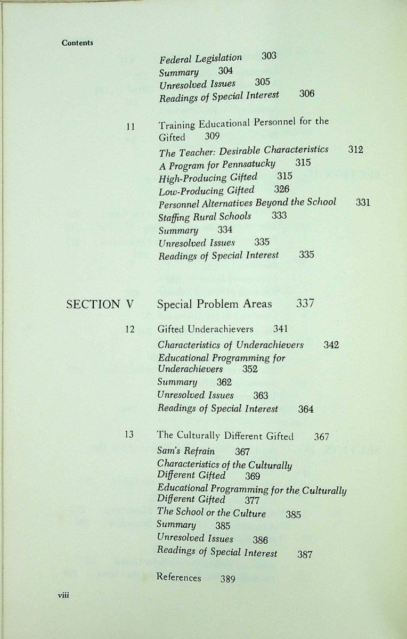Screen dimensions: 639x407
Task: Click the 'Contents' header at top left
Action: click(77, 43)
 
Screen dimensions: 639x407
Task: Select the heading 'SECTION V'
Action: click(100, 305)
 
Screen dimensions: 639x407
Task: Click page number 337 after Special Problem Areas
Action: click(305, 304)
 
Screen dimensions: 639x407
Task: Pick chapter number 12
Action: click(130, 329)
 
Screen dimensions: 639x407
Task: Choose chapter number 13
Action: click(129, 434)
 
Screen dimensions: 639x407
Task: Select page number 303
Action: click(269, 56)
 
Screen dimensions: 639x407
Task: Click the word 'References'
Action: click(179, 577)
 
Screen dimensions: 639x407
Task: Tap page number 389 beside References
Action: click(227, 579)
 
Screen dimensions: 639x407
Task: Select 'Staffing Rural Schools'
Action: click(205, 217)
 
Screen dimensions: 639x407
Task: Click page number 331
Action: click(363, 202)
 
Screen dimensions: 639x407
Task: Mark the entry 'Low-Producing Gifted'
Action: click(207, 190)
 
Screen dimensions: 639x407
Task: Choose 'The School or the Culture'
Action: click(212, 513)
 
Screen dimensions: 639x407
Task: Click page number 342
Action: click(331, 345)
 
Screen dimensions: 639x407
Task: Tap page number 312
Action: click(355, 150)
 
